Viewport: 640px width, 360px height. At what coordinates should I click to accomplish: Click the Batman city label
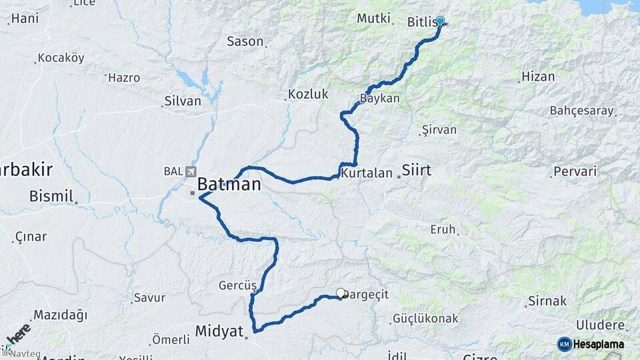pyautogui.click(x=228, y=184)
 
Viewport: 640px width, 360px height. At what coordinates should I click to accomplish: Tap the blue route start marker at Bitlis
pyautogui.click(x=439, y=21)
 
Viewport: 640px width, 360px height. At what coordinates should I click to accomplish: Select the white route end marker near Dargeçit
pyautogui.click(x=341, y=293)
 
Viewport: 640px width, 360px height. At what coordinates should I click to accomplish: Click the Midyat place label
pyautogui.click(x=219, y=331)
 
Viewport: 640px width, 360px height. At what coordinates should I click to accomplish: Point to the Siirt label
pyautogui.click(x=417, y=171)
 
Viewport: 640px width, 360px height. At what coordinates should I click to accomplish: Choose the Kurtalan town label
pyautogui.click(x=367, y=173)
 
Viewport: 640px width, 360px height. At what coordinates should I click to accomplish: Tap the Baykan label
pyautogui.click(x=379, y=99)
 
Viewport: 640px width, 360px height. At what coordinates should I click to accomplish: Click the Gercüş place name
pyautogui.click(x=237, y=285)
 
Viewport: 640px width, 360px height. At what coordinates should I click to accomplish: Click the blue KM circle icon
pyautogui.click(x=564, y=344)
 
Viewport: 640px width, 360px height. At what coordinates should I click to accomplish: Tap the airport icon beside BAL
pyautogui.click(x=192, y=171)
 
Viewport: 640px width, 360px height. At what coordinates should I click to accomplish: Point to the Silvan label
pyautogui.click(x=182, y=101)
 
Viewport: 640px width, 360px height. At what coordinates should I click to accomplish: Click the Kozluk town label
pyautogui.click(x=308, y=94)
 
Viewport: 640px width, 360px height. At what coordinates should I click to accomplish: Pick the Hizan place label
pyautogui.click(x=539, y=77)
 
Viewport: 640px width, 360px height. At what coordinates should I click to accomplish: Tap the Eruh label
pyautogui.click(x=443, y=229)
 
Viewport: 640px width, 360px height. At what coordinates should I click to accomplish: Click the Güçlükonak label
pyautogui.click(x=426, y=319)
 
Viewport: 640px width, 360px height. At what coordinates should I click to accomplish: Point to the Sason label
pyautogui.click(x=245, y=41)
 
